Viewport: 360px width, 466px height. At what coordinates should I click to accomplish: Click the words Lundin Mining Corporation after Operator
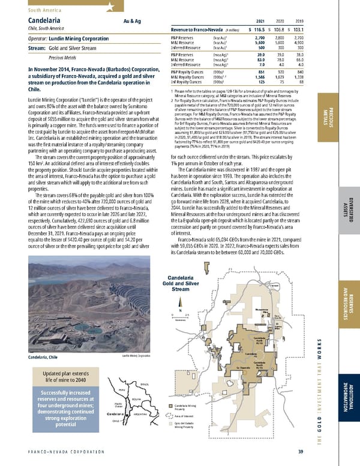[x=73, y=37]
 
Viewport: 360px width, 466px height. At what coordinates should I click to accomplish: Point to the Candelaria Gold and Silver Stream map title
[x=182, y=283]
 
